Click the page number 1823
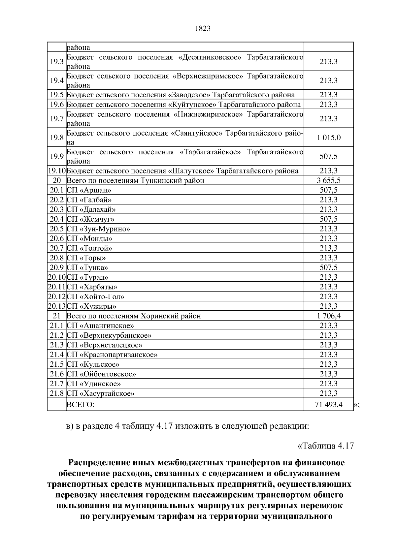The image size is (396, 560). coord(203,29)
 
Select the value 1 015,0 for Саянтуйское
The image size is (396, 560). coord(329,138)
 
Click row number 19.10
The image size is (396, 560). coord(57,171)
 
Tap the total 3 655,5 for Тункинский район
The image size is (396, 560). coord(329,180)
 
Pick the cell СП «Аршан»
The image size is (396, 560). coord(89,190)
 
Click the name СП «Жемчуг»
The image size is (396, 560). coord(90,219)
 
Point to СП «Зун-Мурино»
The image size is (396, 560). coord(98,229)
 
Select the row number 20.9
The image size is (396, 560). coord(56,267)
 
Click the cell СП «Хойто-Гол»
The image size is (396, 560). coord(95,296)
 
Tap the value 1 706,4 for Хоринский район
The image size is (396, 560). coord(329,316)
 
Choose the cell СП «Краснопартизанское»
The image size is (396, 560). coord(112,355)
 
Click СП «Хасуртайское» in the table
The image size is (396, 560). coord(100,393)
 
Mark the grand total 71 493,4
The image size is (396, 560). coord(329,404)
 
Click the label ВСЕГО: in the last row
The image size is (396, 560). coord(81,405)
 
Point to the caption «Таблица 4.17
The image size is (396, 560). coord(326,446)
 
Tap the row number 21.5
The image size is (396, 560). coord(56,364)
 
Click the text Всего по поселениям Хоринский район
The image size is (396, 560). coord(134,316)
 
